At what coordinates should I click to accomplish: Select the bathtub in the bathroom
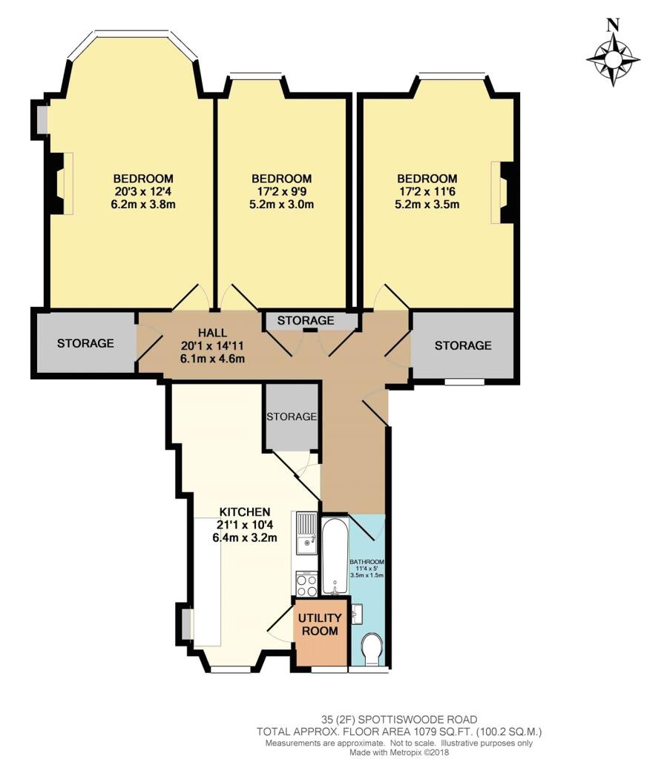pyautogui.click(x=335, y=557)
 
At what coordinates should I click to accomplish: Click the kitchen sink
pyautogui.click(x=305, y=534)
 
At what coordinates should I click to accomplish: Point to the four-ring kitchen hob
pyautogui.click(x=306, y=584)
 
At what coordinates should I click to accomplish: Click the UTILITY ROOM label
pyautogui.click(x=320, y=624)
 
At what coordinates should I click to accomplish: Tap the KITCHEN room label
pyautogui.click(x=245, y=511)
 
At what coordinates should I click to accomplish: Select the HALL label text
pyautogui.click(x=213, y=333)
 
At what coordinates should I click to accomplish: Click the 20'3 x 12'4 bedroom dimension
pyautogui.click(x=143, y=191)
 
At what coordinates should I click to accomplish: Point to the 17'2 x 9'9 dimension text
pyautogui.click(x=281, y=191)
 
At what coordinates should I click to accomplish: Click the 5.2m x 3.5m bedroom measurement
pyautogui.click(x=427, y=205)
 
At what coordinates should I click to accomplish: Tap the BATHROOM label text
pyautogui.click(x=367, y=562)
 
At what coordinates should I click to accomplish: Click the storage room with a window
pyautogui.click(x=462, y=345)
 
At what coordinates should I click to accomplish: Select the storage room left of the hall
pyautogui.click(x=86, y=342)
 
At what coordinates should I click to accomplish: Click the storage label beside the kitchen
pyautogui.click(x=292, y=417)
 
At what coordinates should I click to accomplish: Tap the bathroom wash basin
pyautogui.click(x=357, y=614)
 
